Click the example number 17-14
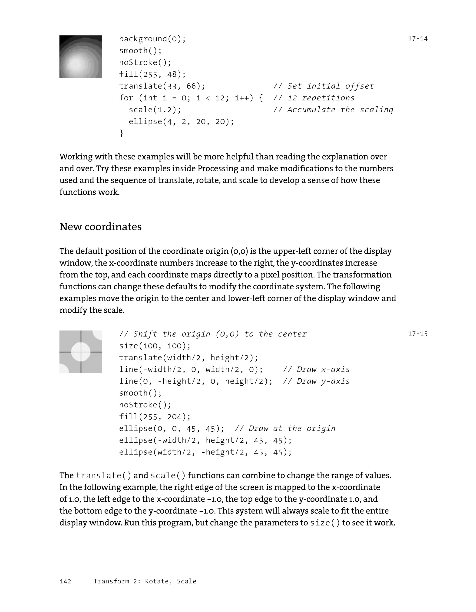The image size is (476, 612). tap(417, 39)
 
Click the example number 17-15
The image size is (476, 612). tap(417, 334)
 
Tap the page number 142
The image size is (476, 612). tap(65, 582)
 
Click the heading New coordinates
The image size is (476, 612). tap(100, 227)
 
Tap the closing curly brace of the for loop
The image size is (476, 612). tap(121, 133)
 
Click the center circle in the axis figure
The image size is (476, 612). tap(81, 352)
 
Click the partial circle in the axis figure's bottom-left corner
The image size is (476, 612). tap(63, 369)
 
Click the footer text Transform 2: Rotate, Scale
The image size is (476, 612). tap(145, 582)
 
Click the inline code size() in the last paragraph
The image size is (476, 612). tap(325, 523)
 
